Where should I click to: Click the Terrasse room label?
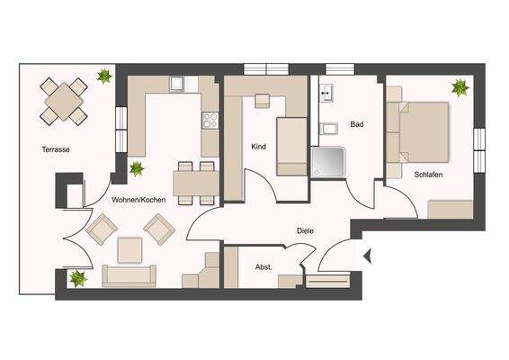click(x=56, y=149)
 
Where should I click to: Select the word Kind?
click(x=258, y=146)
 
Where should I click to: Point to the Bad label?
click(x=357, y=125)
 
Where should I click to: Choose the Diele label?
click(x=306, y=229)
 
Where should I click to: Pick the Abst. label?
click(x=263, y=266)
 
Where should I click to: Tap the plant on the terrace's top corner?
click(x=104, y=76)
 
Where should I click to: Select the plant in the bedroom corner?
click(x=460, y=87)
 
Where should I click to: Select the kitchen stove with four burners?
click(x=210, y=119)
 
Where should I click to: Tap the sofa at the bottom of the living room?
click(x=129, y=274)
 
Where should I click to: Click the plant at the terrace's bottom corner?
click(x=78, y=277)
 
